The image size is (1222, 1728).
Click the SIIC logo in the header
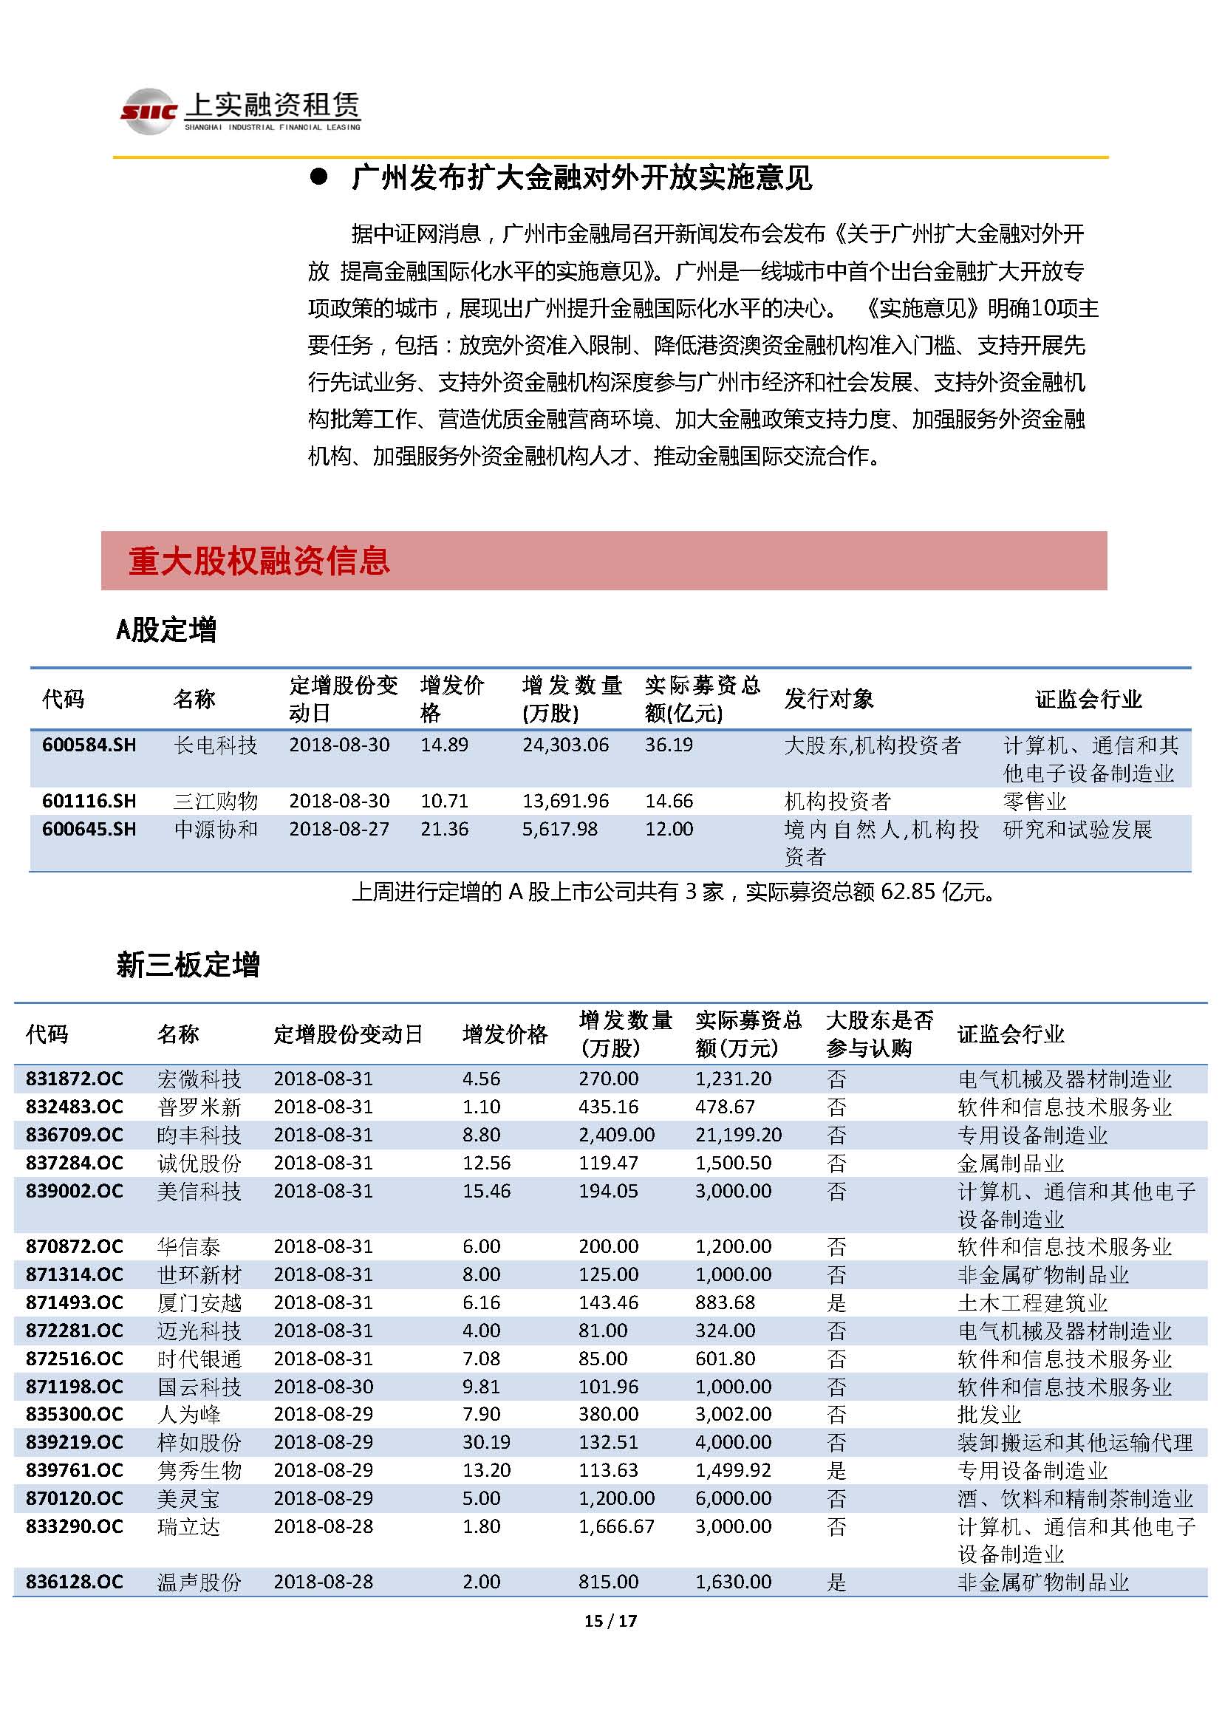point(149,112)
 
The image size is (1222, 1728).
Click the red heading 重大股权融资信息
point(259,561)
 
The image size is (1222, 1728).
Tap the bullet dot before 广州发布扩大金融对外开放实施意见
point(319,177)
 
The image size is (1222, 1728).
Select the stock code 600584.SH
point(89,745)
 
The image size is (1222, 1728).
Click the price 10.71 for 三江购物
point(444,801)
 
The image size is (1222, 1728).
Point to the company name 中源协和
point(216,829)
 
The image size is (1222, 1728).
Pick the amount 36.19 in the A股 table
point(668,745)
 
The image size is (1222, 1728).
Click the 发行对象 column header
point(828,698)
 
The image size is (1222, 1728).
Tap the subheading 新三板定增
point(188,964)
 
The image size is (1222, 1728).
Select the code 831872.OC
point(74,1079)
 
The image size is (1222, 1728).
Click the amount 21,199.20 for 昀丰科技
point(738,1134)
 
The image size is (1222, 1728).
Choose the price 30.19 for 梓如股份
point(486,1442)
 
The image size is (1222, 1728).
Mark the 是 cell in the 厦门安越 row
point(836,1302)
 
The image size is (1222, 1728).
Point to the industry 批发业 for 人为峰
point(989,1414)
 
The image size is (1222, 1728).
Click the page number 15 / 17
point(610,1620)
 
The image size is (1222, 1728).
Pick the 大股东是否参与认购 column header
point(879,1034)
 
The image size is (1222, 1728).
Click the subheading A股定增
point(166,629)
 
